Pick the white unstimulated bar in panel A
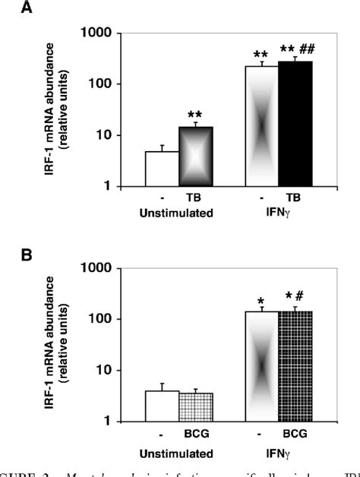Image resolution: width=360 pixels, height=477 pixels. click(x=161, y=169)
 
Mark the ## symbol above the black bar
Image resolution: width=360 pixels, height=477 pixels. click(x=307, y=49)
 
